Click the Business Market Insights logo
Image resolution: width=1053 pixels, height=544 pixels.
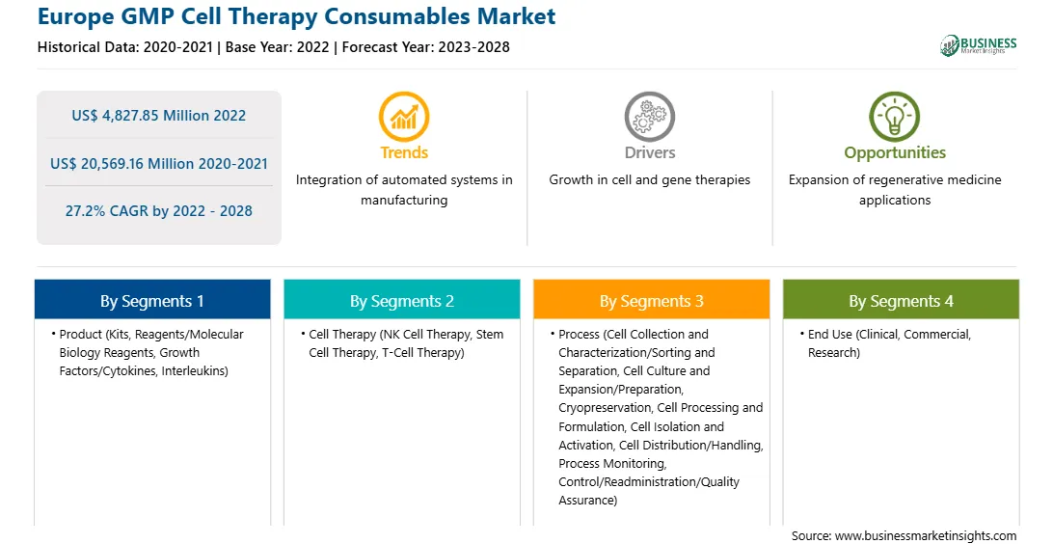coord(978,45)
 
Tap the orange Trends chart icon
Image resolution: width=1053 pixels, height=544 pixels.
coord(404,117)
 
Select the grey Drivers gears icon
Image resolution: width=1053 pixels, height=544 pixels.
coord(649,117)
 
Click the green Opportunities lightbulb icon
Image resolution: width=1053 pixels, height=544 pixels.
coord(895,117)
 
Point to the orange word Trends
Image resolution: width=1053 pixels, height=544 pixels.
coord(404,153)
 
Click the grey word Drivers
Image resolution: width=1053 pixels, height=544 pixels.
coord(650,153)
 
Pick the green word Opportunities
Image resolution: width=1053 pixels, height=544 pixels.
coord(895,153)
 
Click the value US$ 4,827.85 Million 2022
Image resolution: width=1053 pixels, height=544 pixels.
coord(159,116)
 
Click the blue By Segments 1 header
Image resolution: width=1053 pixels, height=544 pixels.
coord(152,300)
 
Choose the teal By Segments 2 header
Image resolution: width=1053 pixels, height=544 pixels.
coord(401,300)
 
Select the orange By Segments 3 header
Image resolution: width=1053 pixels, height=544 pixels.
coord(652,300)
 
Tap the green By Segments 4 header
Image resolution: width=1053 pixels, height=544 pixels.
coord(902,300)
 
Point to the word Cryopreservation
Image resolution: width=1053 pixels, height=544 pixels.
coord(605,408)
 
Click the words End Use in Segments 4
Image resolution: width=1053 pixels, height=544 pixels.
coord(830,335)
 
